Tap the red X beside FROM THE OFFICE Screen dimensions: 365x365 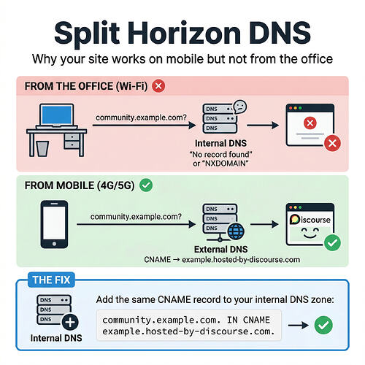pos(158,86)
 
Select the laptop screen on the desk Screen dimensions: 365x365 pos(57,115)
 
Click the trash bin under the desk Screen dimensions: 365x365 pos(42,148)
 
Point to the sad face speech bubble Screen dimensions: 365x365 pos(240,107)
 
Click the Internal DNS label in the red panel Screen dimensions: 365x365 pos(220,143)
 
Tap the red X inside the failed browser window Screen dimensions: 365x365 pos(310,123)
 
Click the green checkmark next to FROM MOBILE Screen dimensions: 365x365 pos(146,185)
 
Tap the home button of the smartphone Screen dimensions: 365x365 pos(54,244)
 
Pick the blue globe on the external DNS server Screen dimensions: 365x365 pos(236,231)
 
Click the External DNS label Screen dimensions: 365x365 pos(220,249)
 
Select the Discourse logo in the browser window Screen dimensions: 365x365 pos(310,219)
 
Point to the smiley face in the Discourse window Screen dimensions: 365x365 pos(310,233)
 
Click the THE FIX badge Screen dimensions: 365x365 pos(51,280)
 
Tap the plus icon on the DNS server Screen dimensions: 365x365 pos(70,323)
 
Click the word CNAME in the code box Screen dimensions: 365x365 pos(256,320)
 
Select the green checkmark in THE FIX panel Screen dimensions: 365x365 pos(323,325)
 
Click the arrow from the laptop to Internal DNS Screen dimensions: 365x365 pos(145,126)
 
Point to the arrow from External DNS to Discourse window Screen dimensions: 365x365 pos(264,224)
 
